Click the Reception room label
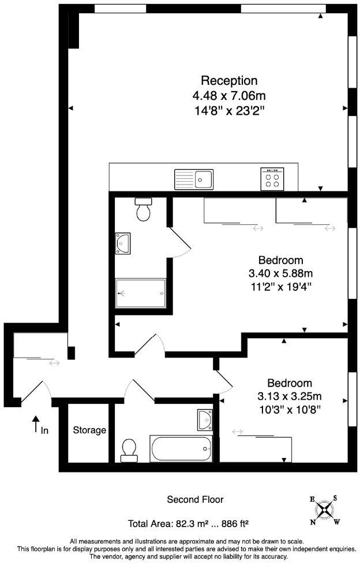229,80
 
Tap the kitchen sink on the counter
194,179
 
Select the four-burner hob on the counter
272,179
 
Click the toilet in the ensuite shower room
143,209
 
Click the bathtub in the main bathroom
181,448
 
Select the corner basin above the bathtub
204,419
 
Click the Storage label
89,430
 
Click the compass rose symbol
326,509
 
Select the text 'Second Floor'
195,500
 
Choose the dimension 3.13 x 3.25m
289,396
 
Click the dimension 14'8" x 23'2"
229,108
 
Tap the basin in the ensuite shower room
123,243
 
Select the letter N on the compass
313,523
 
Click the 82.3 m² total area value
189,524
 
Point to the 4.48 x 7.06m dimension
229,95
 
